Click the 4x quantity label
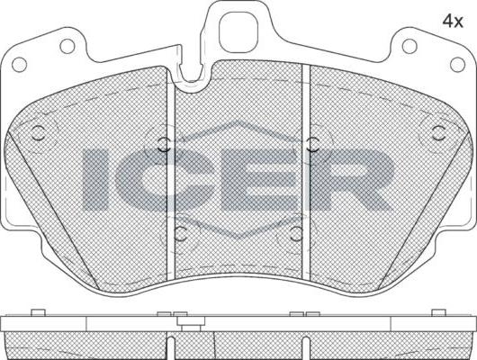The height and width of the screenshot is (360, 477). [453, 22]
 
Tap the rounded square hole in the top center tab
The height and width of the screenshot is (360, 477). [238, 33]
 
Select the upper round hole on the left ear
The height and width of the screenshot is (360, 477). [67, 46]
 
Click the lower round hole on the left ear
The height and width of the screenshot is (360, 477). [20, 65]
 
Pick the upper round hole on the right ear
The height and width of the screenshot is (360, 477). [409, 46]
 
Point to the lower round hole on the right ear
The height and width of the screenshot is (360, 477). [457, 65]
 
